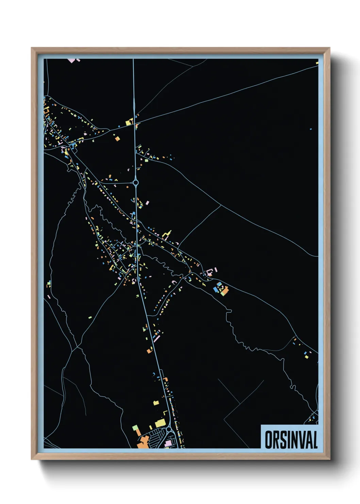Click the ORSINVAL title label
[x=291, y=440]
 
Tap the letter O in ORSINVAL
[x=268, y=440]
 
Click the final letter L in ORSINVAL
[x=314, y=440]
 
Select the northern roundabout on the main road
[x=136, y=183]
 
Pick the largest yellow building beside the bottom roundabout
[x=160, y=423]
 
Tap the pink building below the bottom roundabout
[x=168, y=443]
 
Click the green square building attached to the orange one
[x=135, y=428]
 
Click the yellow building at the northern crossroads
[x=129, y=122]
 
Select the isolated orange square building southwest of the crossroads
[x=117, y=139]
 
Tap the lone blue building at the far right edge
[x=311, y=129]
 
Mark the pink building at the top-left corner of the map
[x=71, y=61]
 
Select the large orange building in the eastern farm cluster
[x=225, y=290]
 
